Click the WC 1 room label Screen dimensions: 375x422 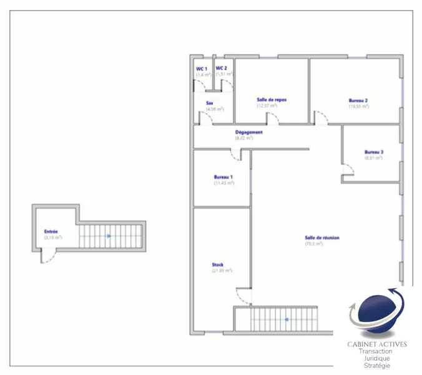(201, 68)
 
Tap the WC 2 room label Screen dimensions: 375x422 (222, 68)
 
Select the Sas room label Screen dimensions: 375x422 (210, 103)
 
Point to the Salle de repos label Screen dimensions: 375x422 (272, 100)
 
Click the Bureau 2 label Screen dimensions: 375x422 (358, 100)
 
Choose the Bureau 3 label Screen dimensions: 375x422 (373, 152)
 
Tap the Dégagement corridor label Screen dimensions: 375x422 (248, 132)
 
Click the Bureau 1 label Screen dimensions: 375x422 (223, 177)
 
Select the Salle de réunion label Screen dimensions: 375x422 (322, 237)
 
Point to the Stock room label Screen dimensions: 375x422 (217, 265)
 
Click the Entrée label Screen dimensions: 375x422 (51, 232)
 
